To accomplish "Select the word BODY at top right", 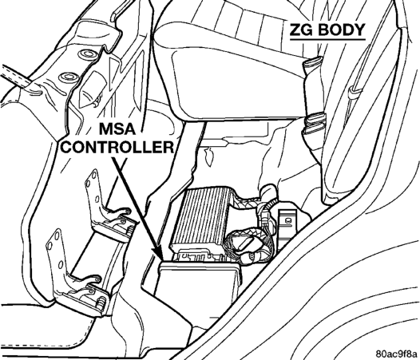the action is pos(342,30).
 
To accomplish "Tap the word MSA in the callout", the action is pos(117,129).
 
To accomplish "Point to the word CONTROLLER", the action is pos(117,147).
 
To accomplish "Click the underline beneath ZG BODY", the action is pos(327,39).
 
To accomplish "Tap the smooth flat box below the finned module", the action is pos(198,280).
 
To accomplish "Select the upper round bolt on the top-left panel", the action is pos(88,53).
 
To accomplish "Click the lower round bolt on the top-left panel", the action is pos(69,77).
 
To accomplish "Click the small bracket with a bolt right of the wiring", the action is pos(287,224).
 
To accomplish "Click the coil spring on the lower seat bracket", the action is pos(101,302).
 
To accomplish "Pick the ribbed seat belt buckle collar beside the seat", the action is pos(316,122).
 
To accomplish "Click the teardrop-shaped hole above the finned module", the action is pos(210,156).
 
